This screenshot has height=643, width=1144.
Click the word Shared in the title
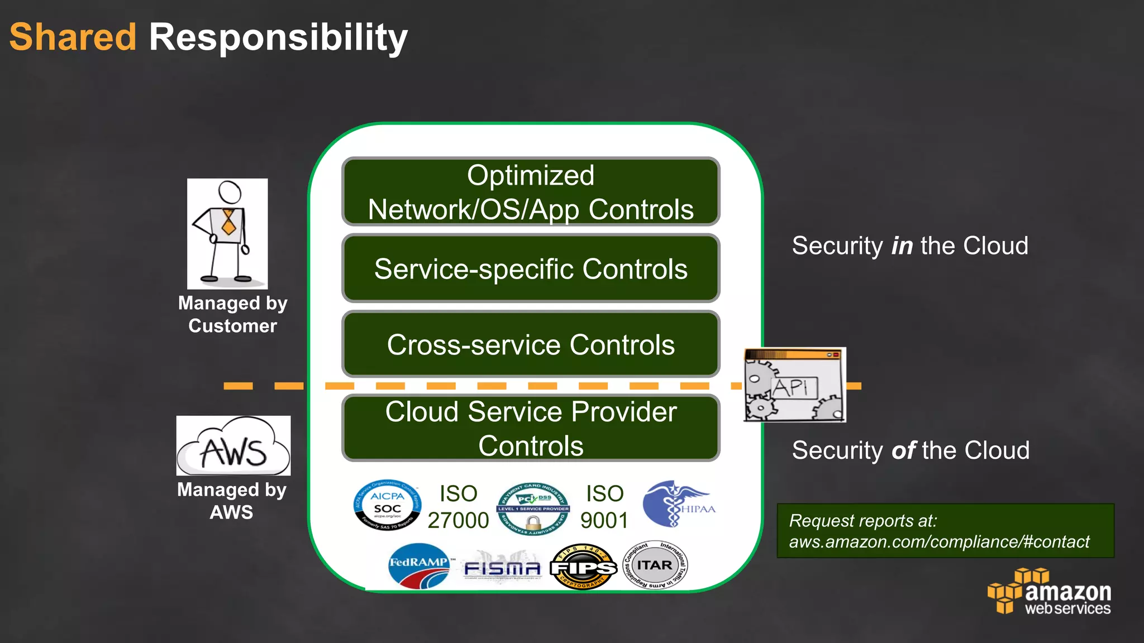tap(73, 37)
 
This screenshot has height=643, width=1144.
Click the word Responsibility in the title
tap(278, 37)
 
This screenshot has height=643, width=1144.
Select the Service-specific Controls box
tap(531, 268)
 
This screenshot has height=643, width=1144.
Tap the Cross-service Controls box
tap(531, 344)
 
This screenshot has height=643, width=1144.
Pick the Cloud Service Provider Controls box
tap(531, 428)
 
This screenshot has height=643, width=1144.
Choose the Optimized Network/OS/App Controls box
tap(531, 192)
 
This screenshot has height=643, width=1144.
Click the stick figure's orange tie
tap(228, 222)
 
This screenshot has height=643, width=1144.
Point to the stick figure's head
tap(230, 192)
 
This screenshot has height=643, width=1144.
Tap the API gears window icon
tap(794, 385)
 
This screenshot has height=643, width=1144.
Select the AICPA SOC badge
tap(387, 506)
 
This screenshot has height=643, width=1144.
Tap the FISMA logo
tap(502, 567)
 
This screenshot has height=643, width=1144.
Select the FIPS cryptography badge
tap(583, 567)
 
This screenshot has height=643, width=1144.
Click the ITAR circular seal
tap(655, 565)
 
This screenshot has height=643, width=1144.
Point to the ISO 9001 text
tap(604, 507)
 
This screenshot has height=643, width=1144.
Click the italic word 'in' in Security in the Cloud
tap(902, 246)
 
